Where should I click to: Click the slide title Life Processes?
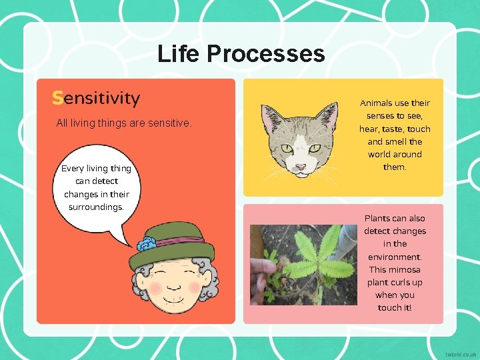pyautogui.click(x=241, y=53)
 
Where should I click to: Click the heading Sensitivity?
pyautogui.click(x=96, y=99)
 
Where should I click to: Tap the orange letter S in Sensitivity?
pyautogui.click(x=57, y=99)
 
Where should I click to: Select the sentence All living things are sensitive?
pyautogui.click(x=124, y=123)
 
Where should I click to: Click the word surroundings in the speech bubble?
pyautogui.click(x=96, y=207)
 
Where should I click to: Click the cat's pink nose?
pyautogui.click(x=301, y=166)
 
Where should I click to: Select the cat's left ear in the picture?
pyautogui.click(x=271, y=120)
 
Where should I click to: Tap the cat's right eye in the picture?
pyautogui.click(x=314, y=148)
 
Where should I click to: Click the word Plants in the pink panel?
pyautogui.click(x=376, y=219)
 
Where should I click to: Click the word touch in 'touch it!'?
pyautogui.click(x=391, y=307)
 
